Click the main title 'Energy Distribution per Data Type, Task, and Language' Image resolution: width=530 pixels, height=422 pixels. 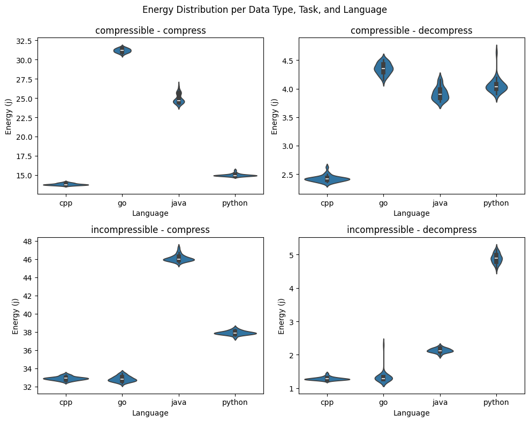coord(264,10)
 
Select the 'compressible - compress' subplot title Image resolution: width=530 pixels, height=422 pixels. coord(150,31)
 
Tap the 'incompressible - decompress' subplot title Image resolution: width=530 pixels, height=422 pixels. coord(411,230)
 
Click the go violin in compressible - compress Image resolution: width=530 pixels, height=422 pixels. coord(122,51)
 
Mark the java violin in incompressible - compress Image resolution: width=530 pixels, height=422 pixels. coord(179,259)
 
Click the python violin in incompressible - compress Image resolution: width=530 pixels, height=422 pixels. coord(235,333)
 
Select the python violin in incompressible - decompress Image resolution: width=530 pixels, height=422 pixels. coord(496,259)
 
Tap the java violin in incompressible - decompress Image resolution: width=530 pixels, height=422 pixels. coord(440,351)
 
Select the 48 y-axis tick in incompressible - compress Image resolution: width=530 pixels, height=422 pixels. coord(27,241)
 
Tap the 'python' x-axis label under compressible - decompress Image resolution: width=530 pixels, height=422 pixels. coord(496,203)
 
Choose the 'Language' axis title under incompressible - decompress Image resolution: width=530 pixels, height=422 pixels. coord(411,413)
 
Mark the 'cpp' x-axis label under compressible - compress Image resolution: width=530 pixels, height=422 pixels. coord(66,203)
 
